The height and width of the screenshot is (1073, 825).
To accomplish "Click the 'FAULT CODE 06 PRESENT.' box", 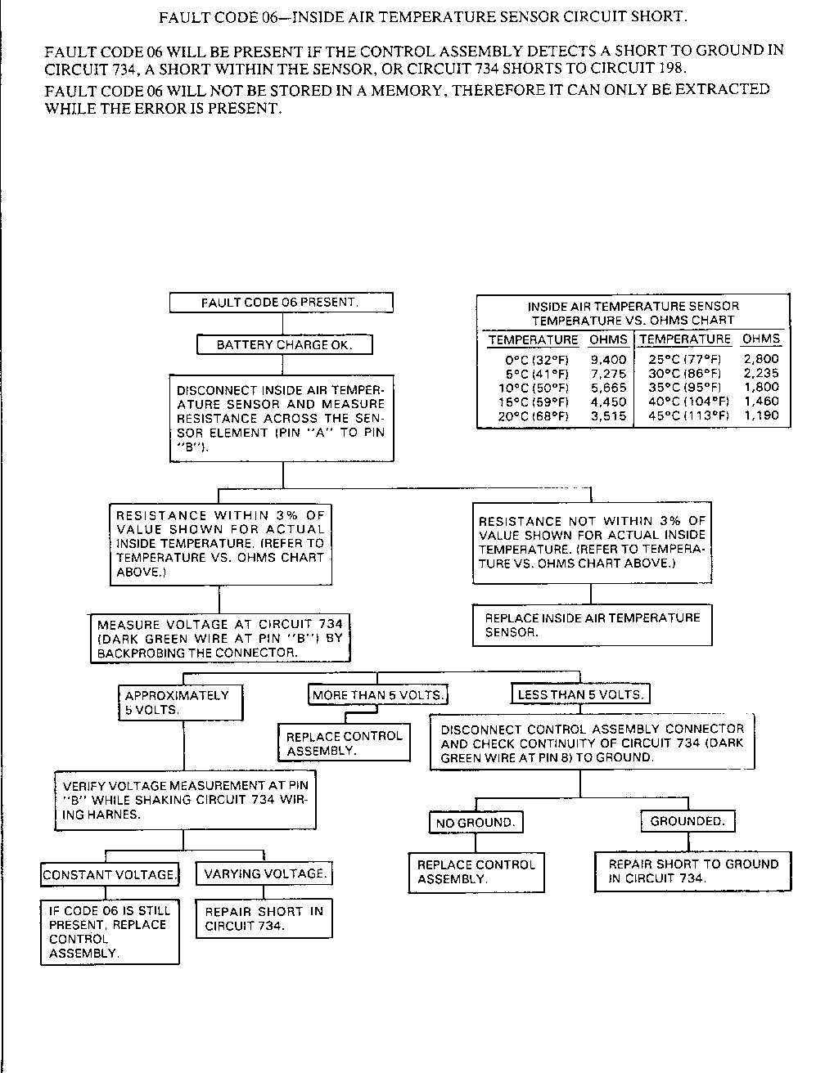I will pos(281,303).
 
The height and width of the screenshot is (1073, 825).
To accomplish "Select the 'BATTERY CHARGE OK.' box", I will pos(285,345).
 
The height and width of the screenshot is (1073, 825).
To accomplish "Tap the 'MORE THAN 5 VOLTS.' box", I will pos(377,695).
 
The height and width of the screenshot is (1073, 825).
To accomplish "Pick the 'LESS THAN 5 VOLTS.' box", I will pos(580,695).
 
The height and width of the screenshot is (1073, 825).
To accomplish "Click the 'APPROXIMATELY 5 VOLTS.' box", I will pos(181,703).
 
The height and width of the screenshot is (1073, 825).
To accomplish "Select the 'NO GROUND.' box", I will pos(476,823).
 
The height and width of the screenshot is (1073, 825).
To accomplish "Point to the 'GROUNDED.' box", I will pos(687,821).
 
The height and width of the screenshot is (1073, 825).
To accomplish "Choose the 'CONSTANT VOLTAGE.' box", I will pos(110,875).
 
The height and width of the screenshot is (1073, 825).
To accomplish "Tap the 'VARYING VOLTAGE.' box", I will pos(264,873).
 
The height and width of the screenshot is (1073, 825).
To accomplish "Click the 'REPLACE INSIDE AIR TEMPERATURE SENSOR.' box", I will pos(593,626).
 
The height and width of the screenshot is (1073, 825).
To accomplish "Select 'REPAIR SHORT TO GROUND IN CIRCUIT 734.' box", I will pos(692,872).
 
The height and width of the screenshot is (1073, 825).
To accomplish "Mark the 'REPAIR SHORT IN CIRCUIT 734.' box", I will pos(264,918).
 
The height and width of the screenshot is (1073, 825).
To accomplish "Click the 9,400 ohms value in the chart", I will pos(608,359).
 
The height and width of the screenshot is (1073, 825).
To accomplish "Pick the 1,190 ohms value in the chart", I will pos(761,415).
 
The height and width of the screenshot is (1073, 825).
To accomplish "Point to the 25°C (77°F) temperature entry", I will pos(684,359).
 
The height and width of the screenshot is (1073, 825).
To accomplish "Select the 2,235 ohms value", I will pos(761,373).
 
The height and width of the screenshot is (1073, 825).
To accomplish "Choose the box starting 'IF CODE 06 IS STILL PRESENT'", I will pos(110,932).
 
